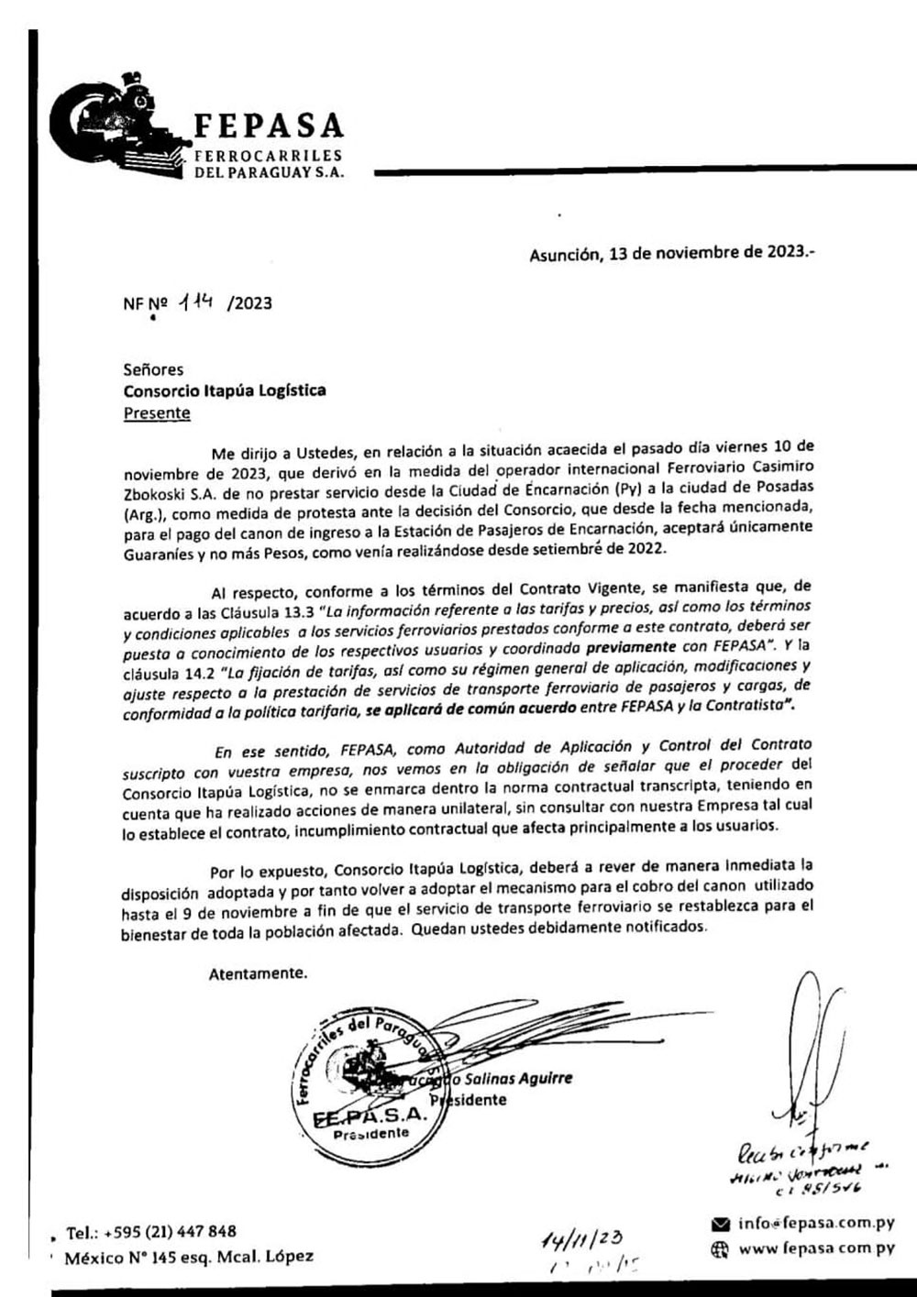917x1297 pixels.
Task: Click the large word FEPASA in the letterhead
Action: coord(270,126)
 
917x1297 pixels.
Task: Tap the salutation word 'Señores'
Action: coord(153,370)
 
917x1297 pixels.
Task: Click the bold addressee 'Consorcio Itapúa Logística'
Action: coord(225,391)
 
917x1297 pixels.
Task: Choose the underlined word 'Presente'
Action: coord(157,412)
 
